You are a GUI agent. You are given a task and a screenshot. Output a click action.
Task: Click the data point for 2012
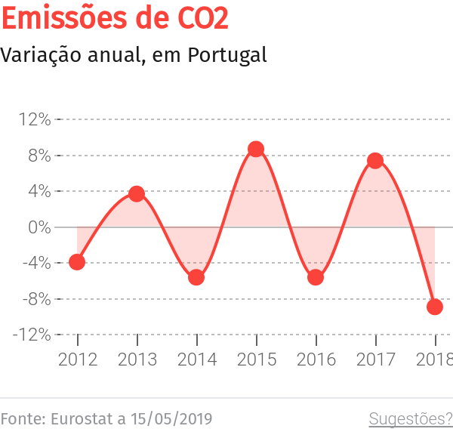77,262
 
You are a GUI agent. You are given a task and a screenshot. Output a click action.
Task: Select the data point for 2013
137,194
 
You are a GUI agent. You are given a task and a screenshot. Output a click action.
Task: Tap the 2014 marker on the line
196,277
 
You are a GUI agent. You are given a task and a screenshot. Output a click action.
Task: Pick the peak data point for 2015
256,150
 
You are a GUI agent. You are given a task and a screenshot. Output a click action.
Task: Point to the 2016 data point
316,277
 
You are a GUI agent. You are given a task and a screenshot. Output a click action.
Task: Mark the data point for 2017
375,161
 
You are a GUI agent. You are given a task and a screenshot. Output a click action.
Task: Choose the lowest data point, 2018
435,307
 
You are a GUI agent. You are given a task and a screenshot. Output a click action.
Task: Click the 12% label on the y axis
35,119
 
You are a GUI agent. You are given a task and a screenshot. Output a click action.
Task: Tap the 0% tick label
39,227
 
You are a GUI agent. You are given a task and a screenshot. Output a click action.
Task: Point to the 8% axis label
39,156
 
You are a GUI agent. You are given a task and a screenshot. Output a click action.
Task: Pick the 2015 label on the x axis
256,360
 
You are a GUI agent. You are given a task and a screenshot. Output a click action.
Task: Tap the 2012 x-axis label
78,360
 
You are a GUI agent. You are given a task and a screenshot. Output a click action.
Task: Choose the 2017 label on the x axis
375,360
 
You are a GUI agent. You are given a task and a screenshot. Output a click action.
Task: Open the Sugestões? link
410,418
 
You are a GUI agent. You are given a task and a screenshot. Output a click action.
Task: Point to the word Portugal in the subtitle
227,55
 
